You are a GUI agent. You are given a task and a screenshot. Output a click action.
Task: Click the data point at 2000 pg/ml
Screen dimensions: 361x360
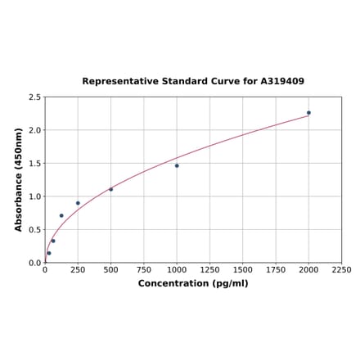308,113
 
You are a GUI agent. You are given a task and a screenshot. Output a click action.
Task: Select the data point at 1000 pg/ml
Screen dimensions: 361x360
177,165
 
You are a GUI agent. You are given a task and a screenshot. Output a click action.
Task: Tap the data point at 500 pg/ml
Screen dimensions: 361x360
111,189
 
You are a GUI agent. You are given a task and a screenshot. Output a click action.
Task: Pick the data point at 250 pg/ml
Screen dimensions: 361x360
78,203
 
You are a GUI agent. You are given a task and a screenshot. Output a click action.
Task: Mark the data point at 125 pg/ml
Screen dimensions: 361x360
61,216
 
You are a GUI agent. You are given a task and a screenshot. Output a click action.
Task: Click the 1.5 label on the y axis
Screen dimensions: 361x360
35,164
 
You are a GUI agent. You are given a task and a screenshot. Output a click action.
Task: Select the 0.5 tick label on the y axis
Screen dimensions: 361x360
35,230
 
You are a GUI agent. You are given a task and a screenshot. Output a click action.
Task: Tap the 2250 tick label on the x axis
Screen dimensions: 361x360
341,270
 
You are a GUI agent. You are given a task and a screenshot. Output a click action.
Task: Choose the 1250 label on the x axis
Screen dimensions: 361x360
209,270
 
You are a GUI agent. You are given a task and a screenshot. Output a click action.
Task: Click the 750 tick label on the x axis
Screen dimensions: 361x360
144,270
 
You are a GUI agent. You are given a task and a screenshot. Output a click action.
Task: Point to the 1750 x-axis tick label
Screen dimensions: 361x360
276,270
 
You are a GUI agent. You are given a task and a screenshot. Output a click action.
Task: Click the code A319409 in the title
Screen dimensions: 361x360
282,82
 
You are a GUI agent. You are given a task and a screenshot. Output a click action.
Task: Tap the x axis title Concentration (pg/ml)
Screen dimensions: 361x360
193,283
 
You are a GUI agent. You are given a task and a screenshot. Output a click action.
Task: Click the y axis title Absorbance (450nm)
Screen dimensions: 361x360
19,179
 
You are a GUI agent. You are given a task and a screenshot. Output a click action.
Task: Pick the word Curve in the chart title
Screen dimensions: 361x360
222,82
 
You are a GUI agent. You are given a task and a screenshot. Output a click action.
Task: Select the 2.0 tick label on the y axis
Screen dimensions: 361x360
35,130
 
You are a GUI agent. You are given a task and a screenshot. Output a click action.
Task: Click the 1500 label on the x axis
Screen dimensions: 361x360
243,270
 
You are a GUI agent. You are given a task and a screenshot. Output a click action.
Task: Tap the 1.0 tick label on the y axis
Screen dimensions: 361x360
35,196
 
